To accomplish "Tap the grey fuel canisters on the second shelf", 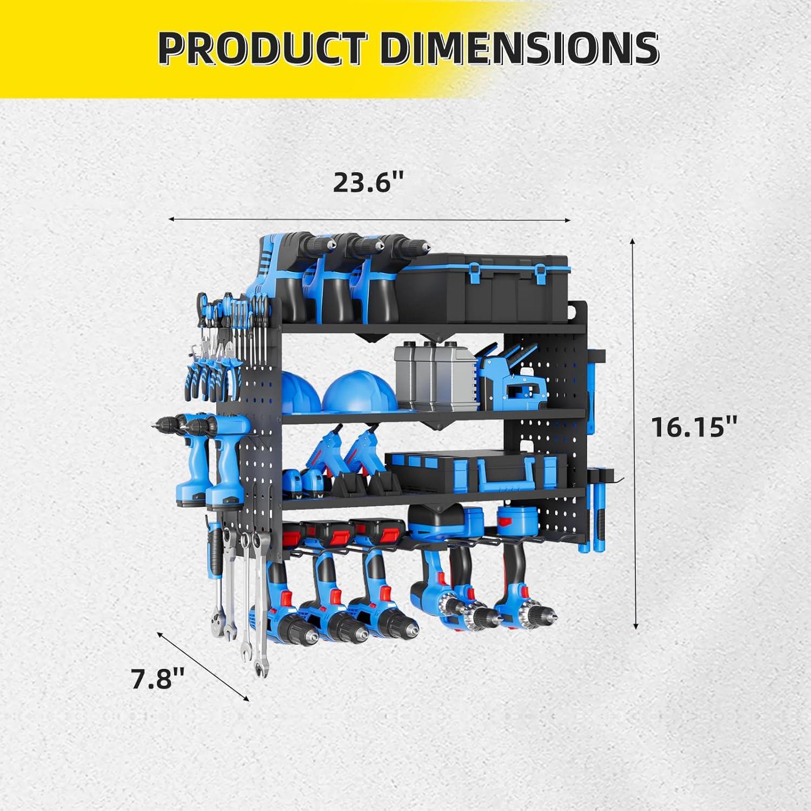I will click(x=433, y=378).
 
